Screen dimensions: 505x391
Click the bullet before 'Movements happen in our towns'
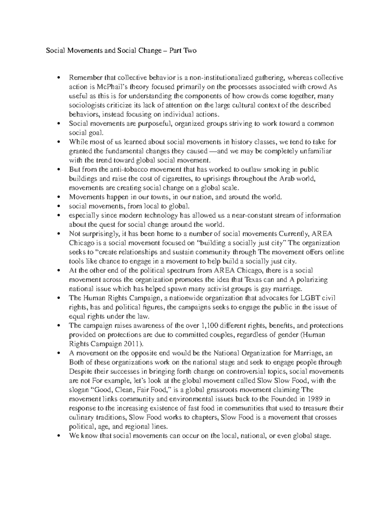click(59, 197)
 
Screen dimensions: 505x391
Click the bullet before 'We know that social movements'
click(59, 436)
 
